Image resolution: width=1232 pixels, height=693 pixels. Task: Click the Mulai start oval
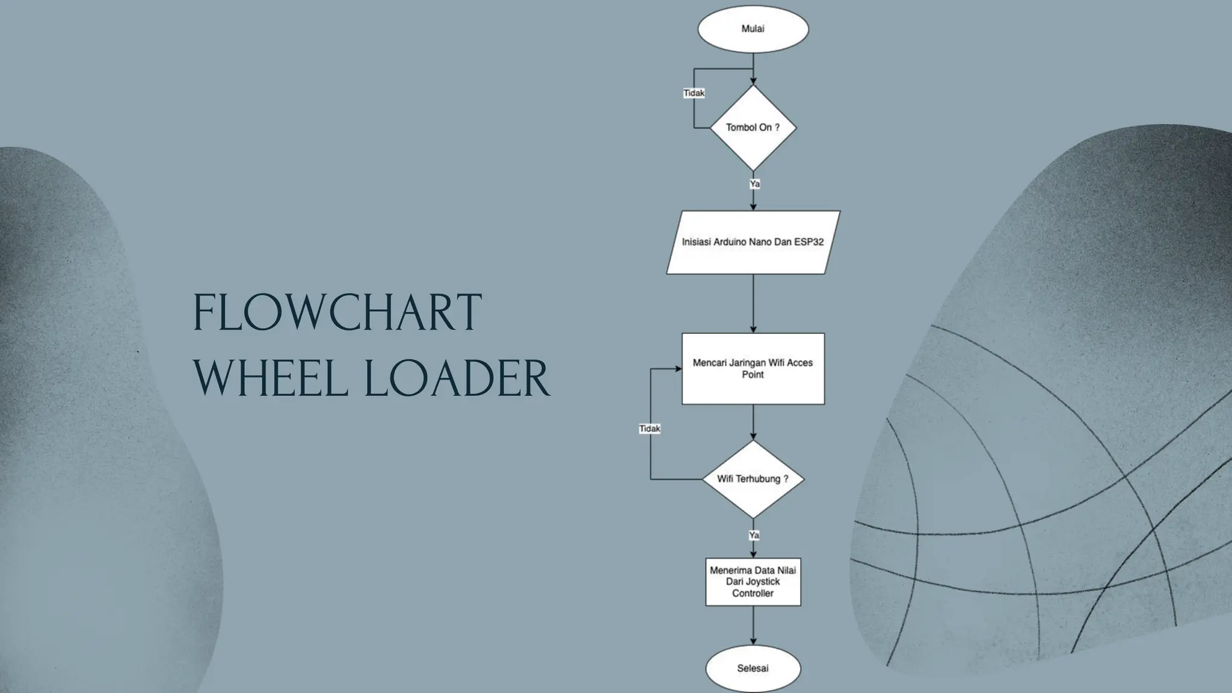click(x=753, y=29)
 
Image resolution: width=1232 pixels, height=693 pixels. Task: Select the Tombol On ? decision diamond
click(x=753, y=128)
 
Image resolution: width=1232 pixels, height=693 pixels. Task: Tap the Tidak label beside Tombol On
click(x=694, y=93)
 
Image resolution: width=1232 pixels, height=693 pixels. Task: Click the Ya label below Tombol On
click(x=754, y=183)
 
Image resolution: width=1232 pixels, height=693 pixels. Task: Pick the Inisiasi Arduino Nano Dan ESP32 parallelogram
click(x=753, y=242)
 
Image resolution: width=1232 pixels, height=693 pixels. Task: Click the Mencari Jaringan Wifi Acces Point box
click(x=753, y=368)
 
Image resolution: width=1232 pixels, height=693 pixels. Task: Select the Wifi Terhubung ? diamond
click(x=753, y=479)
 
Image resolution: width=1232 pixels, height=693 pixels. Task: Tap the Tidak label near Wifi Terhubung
click(x=650, y=428)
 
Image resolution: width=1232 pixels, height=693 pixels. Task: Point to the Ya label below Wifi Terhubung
click(x=754, y=535)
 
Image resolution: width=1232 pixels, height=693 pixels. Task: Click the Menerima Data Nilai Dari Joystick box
click(x=753, y=582)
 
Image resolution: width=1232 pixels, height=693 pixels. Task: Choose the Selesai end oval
click(x=753, y=668)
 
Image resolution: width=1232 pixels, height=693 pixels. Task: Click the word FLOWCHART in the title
click(x=337, y=313)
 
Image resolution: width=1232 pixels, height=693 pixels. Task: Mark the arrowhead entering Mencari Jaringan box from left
click(x=678, y=368)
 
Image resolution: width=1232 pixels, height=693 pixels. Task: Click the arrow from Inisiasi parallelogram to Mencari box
click(x=753, y=303)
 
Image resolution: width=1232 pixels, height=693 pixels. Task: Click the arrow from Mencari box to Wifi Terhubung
click(x=753, y=422)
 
